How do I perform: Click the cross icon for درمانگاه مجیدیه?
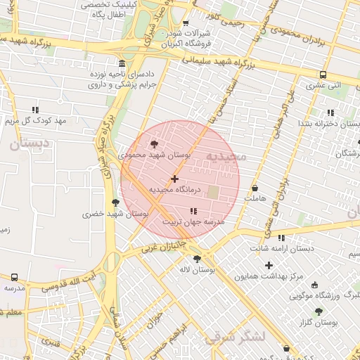tap(174, 179)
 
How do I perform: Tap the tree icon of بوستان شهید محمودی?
tap(155, 143)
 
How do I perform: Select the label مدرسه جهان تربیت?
tap(193, 221)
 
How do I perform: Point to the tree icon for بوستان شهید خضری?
tap(115, 202)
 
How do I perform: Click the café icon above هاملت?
tap(255, 188)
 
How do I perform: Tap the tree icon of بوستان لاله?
tap(197, 259)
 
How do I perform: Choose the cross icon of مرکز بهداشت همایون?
tap(269, 265)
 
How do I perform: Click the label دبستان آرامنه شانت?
tap(282, 248)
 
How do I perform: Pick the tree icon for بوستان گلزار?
tap(319, 311)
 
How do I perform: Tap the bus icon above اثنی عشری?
tap(323, 75)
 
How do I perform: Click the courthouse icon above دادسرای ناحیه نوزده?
tap(122, 63)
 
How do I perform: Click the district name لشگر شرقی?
tap(235, 337)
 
